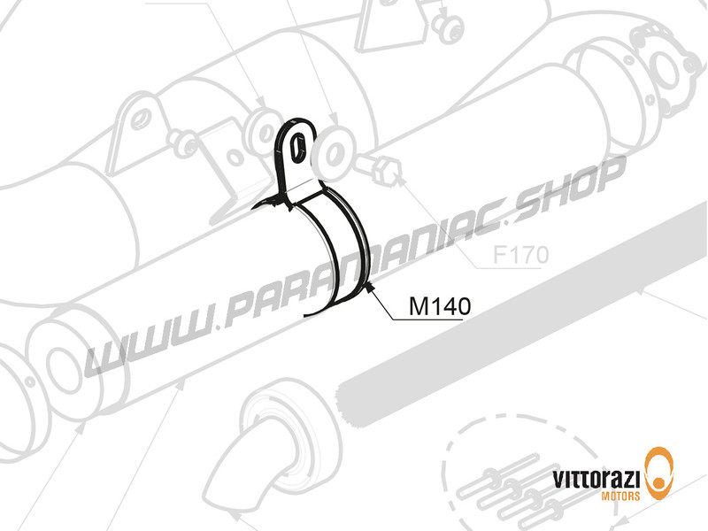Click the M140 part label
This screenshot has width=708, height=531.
pyautogui.click(x=438, y=306)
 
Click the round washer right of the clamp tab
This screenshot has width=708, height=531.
pyautogui.click(x=335, y=156)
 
